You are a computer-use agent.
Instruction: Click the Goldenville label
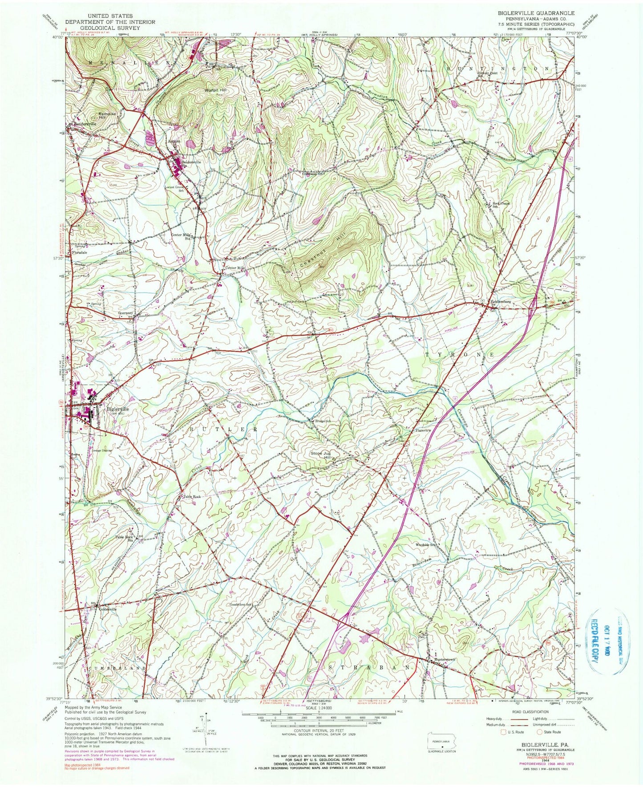pyautogui.click(x=108, y=609)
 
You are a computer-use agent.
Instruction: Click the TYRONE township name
pyautogui.click(x=460, y=355)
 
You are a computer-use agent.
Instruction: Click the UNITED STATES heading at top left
pyautogui.click(x=110, y=16)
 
